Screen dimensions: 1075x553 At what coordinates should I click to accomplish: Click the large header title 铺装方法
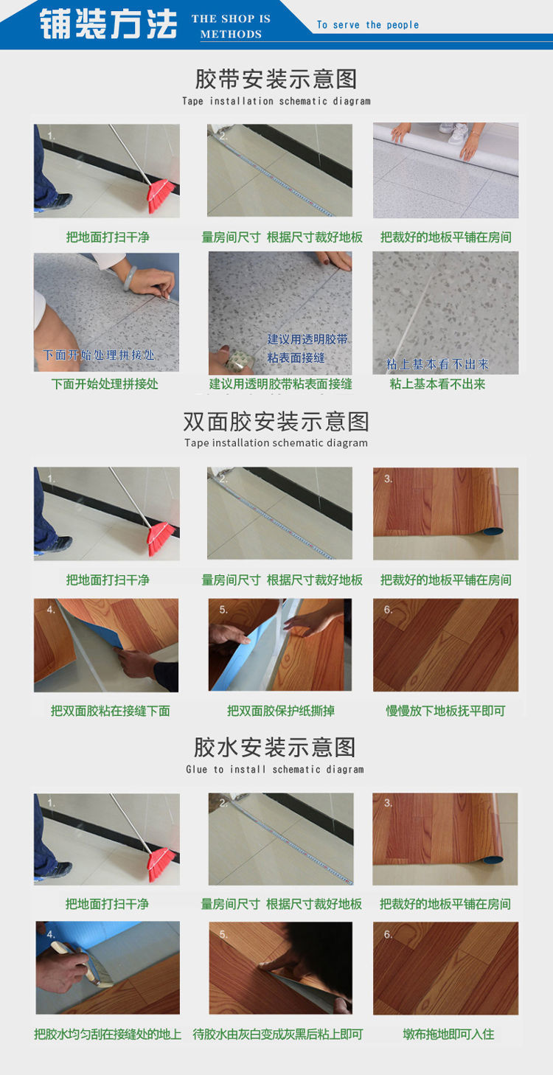coord(109,24)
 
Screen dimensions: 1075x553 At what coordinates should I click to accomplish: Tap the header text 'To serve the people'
coord(367,25)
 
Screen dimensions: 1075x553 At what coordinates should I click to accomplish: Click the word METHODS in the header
coord(231,35)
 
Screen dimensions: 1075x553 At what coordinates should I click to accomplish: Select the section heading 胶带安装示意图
coord(276,79)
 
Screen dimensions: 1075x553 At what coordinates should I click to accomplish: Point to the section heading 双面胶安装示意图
coord(276,422)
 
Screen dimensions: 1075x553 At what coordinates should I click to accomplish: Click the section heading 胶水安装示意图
coord(275,748)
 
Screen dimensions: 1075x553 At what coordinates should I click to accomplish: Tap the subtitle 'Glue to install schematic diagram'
coord(275,769)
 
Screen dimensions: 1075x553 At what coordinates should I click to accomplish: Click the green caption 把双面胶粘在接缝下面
coord(111,711)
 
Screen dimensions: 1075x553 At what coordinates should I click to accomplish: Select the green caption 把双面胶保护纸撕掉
coord(281,711)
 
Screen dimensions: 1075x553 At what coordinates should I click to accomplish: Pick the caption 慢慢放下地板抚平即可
coord(445,711)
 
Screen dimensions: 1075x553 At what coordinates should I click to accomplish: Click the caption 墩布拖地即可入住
coord(448,1034)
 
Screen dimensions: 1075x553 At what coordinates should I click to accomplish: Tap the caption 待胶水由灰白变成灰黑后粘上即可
coord(278,1034)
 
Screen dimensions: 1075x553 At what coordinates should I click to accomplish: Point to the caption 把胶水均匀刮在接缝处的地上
coord(108,1034)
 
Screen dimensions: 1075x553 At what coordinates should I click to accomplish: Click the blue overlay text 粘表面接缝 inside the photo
coord(296,358)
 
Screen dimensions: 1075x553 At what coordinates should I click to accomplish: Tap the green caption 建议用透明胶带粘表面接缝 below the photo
coord(281,384)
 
